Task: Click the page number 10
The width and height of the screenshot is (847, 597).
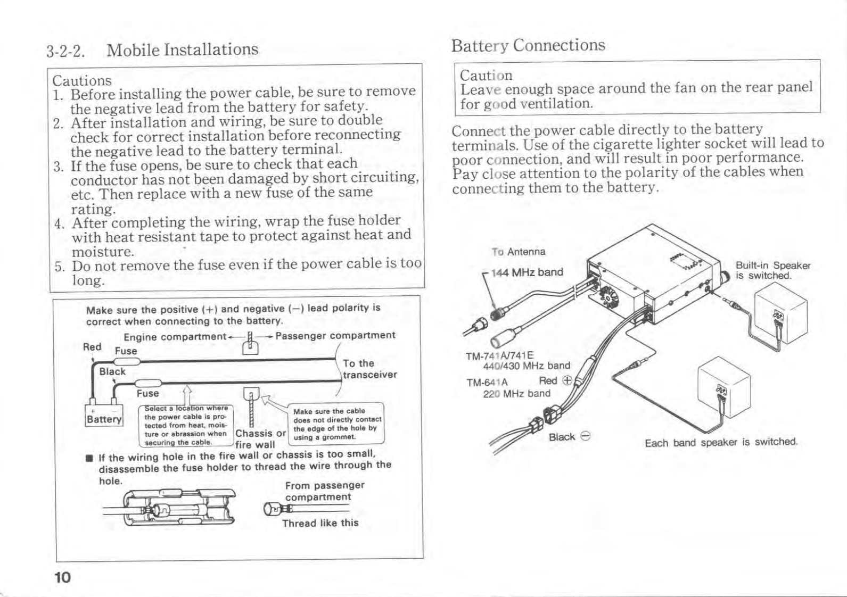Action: click(62, 577)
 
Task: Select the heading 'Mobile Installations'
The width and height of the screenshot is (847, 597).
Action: click(182, 49)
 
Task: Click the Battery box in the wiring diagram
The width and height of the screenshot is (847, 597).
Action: click(104, 415)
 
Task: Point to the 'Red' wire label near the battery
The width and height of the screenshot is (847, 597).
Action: click(92, 347)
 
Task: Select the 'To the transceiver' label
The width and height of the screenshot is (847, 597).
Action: click(369, 369)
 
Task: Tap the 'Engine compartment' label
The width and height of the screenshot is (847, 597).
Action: click(175, 337)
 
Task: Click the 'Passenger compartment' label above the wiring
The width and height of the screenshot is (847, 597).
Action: click(335, 335)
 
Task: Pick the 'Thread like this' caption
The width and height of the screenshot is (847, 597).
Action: click(320, 523)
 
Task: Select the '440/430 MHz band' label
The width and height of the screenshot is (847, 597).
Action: click(526, 366)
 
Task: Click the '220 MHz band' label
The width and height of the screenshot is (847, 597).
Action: click(516, 394)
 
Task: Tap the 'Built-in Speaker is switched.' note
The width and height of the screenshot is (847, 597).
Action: click(772, 270)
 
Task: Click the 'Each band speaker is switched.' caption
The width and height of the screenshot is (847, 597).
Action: click(721, 442)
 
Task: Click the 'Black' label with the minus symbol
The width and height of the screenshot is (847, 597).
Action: click(569, 437)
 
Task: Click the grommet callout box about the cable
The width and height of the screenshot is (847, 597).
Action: click(336, 424)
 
